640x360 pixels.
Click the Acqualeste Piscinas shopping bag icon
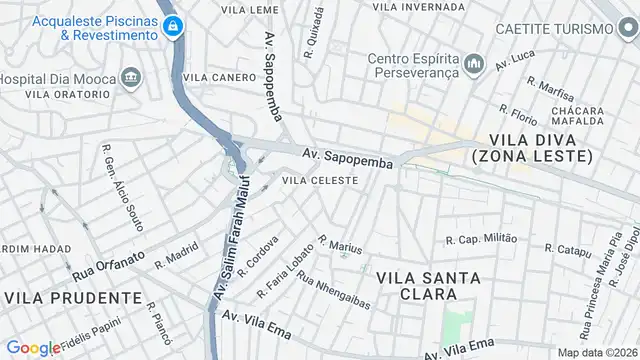[174, 26]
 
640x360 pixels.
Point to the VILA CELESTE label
[320, 180]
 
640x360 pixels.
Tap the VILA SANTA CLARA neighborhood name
[415, 285]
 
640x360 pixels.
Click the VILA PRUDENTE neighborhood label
[73, 297]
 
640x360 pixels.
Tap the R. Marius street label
[340, 245]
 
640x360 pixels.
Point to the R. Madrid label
[176, 260]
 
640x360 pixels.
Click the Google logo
[33, 347]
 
